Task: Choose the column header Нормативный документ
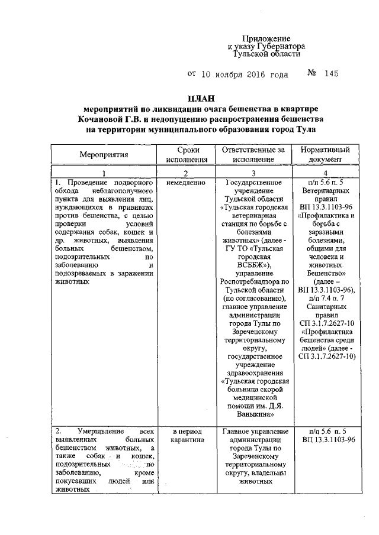(x=325, y=155)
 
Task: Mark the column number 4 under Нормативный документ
(x=325, y=173)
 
